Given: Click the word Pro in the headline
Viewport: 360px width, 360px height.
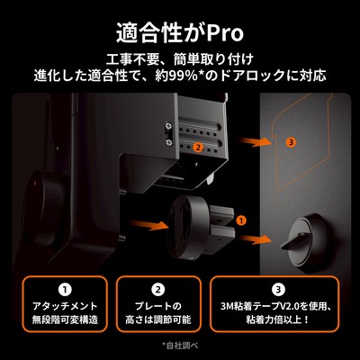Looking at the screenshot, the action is pyautogui.click(x=224, y=33).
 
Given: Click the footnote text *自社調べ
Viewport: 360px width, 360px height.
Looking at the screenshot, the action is pyautogui.click(x=180, y=346).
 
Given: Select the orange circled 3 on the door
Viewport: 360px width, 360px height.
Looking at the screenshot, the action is pyautogui.click(x=291, y=142).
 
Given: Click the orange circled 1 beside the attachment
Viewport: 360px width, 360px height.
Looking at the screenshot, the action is pyautogui.click(x=241, y=220).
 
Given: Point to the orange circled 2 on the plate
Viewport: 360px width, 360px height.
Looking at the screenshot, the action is pyautogui.click(x=198, y=148).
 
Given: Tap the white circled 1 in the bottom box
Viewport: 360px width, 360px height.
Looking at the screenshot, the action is pyautogui.click(x=65, y=290).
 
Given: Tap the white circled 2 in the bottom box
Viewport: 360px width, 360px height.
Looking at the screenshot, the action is pyautogui.click(x=158, y=290).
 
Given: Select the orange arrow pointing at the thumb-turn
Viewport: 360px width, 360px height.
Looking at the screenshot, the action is pyautogui.click(x=256, y=239).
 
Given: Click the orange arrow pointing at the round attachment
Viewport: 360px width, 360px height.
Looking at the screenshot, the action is pyautogui.click(x=148, y=224).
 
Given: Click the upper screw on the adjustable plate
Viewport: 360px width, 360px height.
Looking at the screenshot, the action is pyautogui.click(x=169, y=126).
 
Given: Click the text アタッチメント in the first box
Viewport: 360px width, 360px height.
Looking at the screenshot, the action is pyautogui.click(x=65, y=306).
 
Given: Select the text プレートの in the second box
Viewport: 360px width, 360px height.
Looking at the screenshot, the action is pyautogui.click(x=158, y=306).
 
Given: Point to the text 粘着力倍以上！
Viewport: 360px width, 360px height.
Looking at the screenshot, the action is pyautogui.click(x=277, y=319).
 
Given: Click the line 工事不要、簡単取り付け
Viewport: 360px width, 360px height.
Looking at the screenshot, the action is pyautogui.click(x=180, y=59).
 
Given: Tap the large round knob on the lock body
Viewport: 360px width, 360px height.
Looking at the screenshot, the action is pyautogui.click(x=45, y=207).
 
